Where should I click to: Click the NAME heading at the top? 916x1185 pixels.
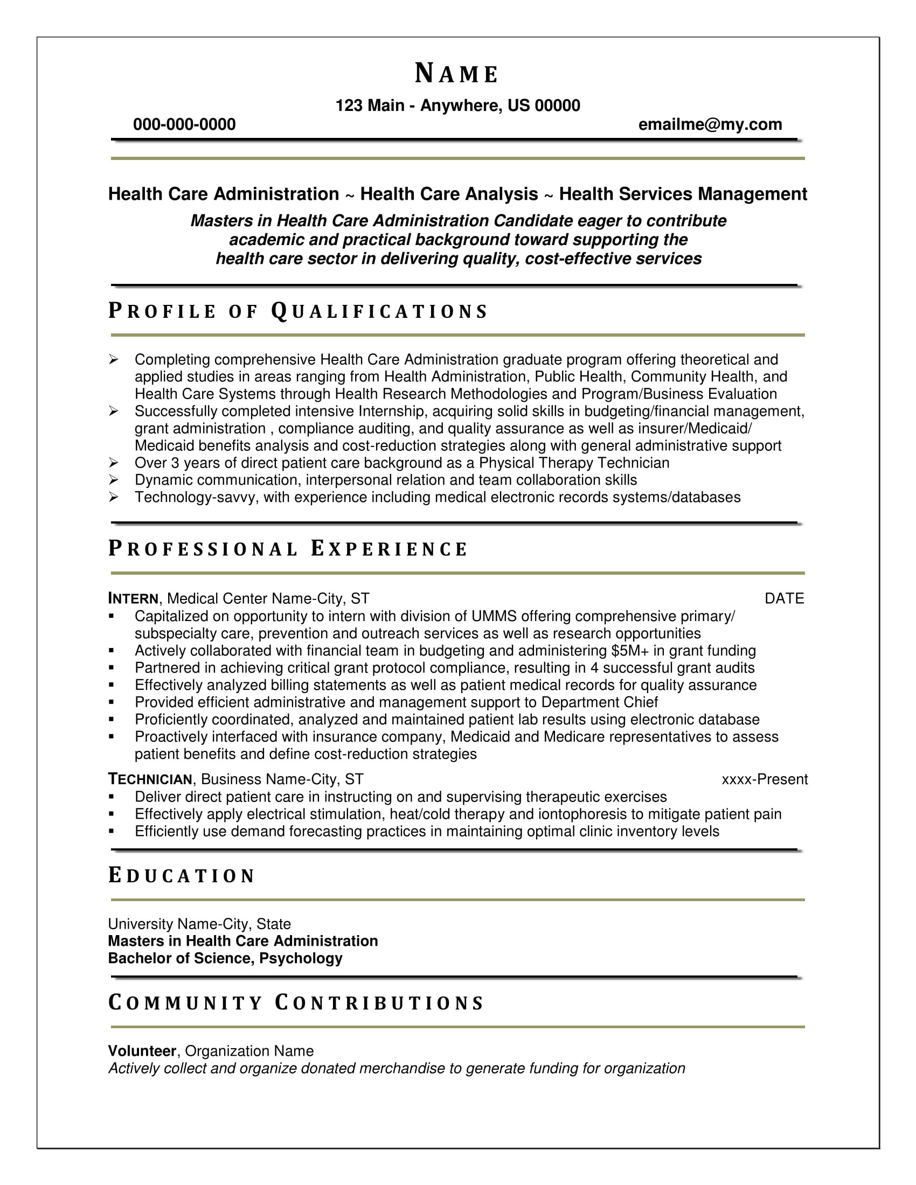pos(456,74)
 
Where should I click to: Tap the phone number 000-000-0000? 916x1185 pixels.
pos(184,125)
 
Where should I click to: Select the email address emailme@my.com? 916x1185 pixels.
pos(710,125)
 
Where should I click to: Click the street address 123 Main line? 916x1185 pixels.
pos(457,105)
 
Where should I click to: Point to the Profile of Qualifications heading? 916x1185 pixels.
pos(298,311)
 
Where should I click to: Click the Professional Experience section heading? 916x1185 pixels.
pos(288,548)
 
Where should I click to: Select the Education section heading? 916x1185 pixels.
pos(181,876)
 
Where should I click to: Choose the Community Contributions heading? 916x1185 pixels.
pos(296,1003)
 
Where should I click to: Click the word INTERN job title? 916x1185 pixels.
pos(133,598)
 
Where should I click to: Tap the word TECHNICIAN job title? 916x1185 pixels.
pos(150,779)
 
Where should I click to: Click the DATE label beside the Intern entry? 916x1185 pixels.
pos(784,598)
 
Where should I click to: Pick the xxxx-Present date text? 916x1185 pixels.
pos(764,779)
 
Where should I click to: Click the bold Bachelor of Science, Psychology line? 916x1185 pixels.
pos(225,958)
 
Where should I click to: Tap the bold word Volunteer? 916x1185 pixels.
pos(142,1051)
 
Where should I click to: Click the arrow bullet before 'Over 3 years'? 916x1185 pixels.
pos(113,463)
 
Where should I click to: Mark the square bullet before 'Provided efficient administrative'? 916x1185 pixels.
pos(112,702)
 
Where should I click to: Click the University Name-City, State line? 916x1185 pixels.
pos(199,924)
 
